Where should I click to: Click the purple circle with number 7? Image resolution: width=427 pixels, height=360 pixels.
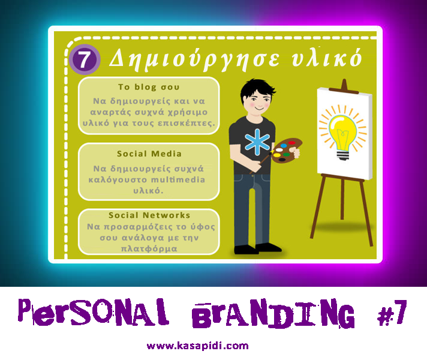[x=85, y=59]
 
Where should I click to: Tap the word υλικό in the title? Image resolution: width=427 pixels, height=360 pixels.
[x=326, y=58]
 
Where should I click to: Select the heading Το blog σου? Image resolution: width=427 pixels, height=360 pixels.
[x=149, y=87]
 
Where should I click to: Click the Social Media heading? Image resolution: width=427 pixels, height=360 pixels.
[x=149, y=154]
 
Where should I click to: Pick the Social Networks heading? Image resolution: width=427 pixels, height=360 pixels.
[x=149, y=215]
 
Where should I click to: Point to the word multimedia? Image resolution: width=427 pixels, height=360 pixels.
[x=178, y=180]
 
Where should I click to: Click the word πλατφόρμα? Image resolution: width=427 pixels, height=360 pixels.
[x=149, y=249]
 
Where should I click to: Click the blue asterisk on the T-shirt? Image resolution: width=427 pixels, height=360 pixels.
[x=257, y=142]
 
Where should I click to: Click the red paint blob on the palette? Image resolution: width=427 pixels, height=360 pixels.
[x=291, y=143]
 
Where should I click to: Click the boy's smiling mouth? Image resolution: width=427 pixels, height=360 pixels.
[x=259, y=109]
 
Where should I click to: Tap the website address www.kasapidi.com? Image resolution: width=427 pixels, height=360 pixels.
[x=197, y=346]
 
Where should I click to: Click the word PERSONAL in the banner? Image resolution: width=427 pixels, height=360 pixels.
[x=93, y=313]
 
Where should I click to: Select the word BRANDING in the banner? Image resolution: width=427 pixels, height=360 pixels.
[x=273, y=313]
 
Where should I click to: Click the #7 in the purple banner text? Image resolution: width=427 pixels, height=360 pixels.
[x=392, y=313]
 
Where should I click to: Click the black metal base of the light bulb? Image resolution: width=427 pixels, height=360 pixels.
[x=342, y=155]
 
